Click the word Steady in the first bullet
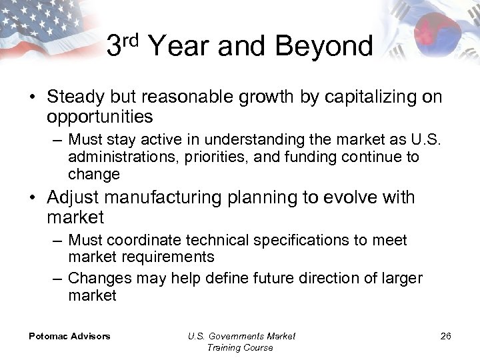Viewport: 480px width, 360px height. (75, 97)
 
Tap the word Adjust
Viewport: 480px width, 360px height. (74, 198)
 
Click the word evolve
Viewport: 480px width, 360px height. (352, 198)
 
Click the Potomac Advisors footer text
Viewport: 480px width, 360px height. (69, 336)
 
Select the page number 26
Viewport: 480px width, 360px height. (445, 336)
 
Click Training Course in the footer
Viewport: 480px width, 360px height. (240, 347)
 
